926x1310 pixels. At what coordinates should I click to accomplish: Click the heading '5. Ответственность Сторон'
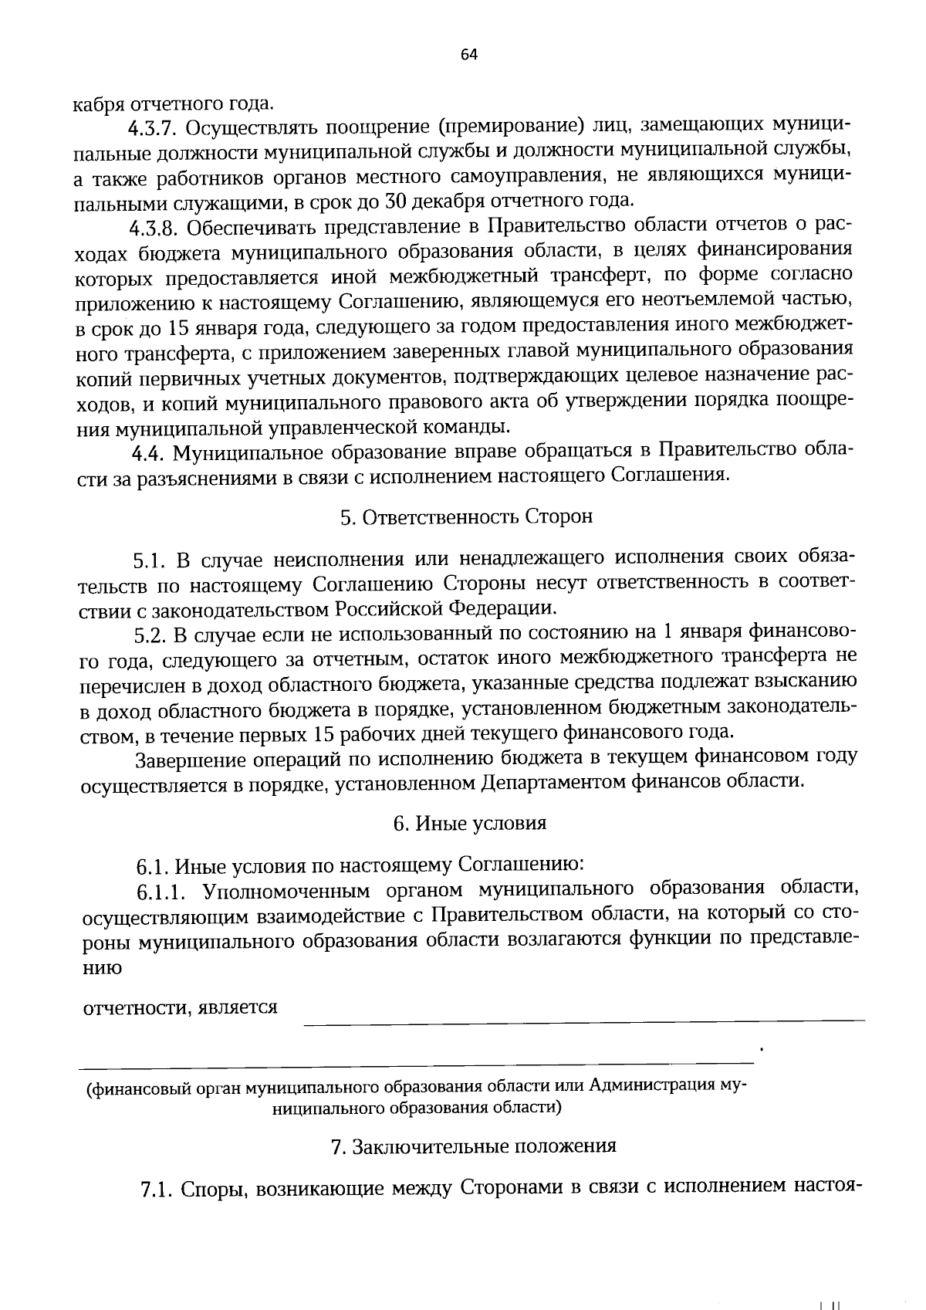point(466,516)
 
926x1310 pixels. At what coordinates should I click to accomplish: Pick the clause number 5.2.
point(151,635)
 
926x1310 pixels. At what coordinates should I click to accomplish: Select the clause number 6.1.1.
point(162,892)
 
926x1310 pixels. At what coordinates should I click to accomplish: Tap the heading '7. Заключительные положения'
point(473,1146)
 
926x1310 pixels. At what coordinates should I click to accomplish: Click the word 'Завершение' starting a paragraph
point(185,759)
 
